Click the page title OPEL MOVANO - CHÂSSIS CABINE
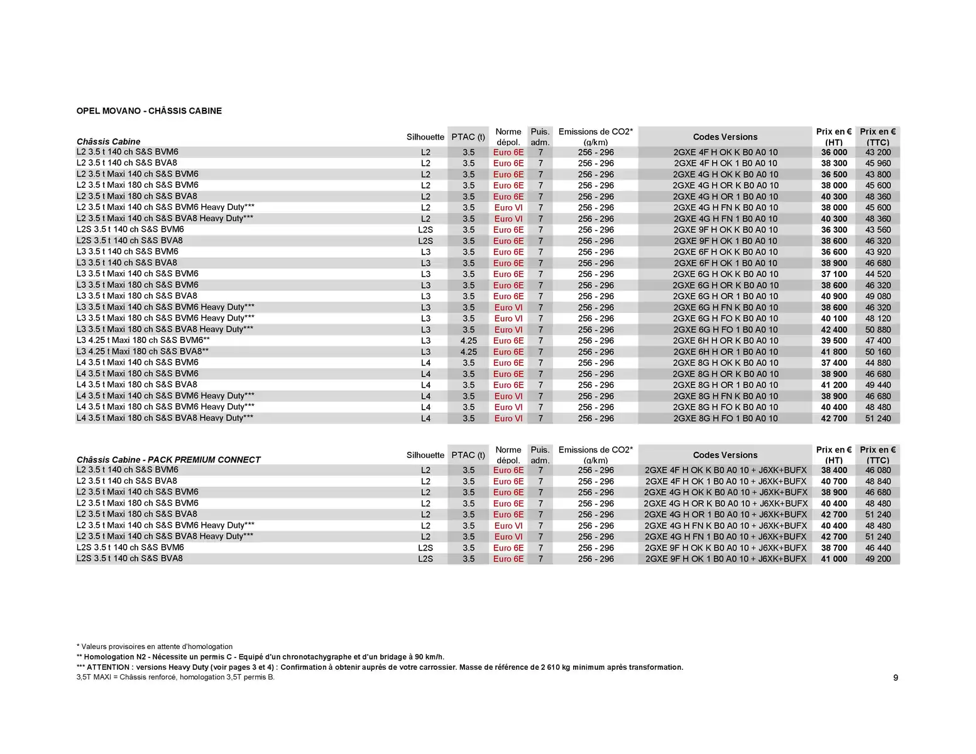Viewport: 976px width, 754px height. point(149,111)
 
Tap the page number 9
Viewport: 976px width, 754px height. point(896,677)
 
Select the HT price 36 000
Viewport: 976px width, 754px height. point(834,152)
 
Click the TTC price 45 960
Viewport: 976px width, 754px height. point(878,163)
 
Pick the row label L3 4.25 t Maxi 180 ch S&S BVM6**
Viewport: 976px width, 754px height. point(143,341)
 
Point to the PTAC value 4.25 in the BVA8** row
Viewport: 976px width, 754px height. point(468,352)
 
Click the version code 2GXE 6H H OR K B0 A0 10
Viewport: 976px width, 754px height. point(725,341)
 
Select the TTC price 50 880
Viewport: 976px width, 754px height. point(878,330)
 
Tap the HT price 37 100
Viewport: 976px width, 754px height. point(834,274)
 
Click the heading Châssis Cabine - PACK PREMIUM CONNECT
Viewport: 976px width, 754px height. point(168,460)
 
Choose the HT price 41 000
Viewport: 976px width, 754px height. point(834,559)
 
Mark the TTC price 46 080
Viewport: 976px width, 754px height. point(878,470)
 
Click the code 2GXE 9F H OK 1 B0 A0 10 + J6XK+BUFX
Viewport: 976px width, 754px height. point(725,559)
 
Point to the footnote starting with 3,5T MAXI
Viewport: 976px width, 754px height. point(175,677)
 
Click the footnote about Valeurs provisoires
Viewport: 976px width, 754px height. point(155,647)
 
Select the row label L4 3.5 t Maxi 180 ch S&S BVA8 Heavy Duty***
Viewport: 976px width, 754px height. point(165,418)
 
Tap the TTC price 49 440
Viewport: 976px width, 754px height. point(878,385)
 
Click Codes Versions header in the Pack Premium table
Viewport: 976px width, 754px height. point(725,455)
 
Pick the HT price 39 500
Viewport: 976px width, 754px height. point(834,341)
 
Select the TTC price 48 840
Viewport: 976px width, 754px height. point(878,481)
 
